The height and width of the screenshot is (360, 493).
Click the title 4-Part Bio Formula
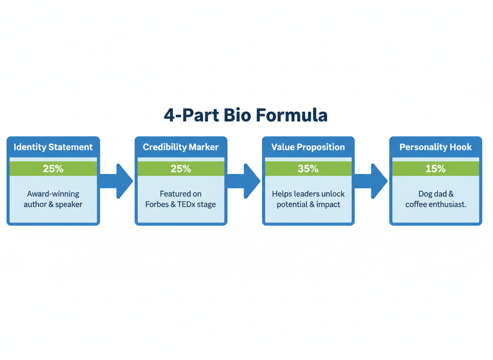point(246,115)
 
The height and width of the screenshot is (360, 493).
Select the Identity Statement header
point(53,147)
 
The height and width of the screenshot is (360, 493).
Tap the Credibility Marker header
point(181,147)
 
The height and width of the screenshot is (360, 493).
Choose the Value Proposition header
point(308,147)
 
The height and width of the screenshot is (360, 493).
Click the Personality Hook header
point(436,147)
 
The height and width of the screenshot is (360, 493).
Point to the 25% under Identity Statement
point(53,169)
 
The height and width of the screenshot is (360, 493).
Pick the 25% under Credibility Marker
point(181,169)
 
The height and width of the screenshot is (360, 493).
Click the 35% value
point(308,169)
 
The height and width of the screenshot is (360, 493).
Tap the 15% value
point(436,169)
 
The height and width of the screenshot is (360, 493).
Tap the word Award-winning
point(53,194)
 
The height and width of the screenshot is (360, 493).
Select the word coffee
point(417,205)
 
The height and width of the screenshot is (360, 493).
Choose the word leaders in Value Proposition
point(306,194)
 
